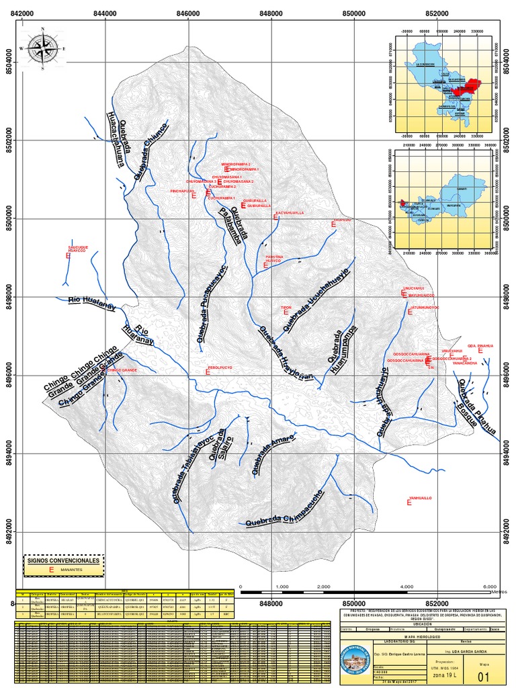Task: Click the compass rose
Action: tap(43, 48)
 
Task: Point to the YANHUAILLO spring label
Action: tap(419, 498)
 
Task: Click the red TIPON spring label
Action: tap(286, 308)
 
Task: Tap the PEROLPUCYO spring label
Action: tap(219, 368)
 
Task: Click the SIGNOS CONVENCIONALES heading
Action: tap(64, 560)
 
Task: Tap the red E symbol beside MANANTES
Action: tap(50, 569)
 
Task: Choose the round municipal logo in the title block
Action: tap(356, 662)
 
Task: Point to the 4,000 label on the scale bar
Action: tap(406, 587)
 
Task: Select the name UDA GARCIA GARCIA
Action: tap(465, 651)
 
